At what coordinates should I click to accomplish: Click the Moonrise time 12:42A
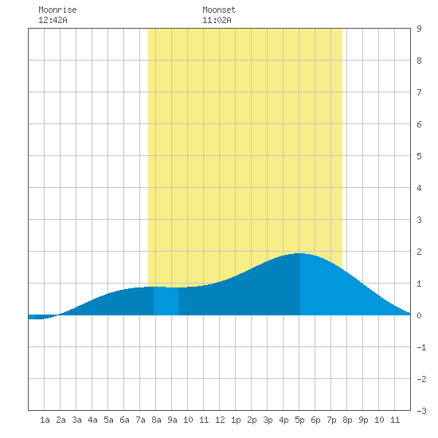tap(53, 21)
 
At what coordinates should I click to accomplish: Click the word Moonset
tap(219, 10)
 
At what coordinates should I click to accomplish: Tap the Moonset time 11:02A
tap(217, 21)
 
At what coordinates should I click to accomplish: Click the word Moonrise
tap(57, 10)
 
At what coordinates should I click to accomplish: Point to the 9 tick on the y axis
tap(419, 29)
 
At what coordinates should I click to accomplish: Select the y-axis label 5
tap(419, 156)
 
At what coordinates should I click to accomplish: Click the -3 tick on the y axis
tap(421, 411)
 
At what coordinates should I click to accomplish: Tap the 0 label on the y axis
tap(419, 315)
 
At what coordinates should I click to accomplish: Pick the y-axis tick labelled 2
tap(419, 252)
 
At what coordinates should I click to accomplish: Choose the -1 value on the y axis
tap(421, 347)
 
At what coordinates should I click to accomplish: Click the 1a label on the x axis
tap(45, 420)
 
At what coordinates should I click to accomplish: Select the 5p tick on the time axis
tap(299, 420)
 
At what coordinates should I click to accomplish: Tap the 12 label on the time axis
tap(220, 420)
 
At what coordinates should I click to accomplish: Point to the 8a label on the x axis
tap(156, 420)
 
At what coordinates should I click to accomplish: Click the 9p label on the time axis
tap(363, 420)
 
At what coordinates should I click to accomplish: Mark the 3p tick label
tap(268, 420)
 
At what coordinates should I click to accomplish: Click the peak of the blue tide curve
tap(299, 253)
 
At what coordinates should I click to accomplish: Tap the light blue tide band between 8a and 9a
tap(166, 301)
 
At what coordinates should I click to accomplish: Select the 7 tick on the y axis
tap(419, 92)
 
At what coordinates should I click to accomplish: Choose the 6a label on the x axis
tap(124, 420)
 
